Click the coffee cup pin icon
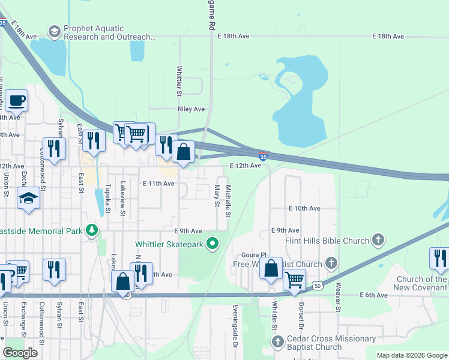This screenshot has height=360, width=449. click(x=16, y=101)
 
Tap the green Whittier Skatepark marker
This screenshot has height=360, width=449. click(x=212, y=244)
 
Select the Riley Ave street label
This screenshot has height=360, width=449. click(x=191, y=109)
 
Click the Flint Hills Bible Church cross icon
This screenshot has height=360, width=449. click(x=378, y=241)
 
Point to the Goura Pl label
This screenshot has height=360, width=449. click(x=253, y=254)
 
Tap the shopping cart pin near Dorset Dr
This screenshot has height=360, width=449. click(x=294, y=279)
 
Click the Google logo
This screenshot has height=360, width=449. click(x=20, y=353)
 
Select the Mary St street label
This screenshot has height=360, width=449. click(x=216, y=196)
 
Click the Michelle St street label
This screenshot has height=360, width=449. click(x=228, y=201)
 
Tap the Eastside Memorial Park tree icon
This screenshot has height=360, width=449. click(x=91, y=230)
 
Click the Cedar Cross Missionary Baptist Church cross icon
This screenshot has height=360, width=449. click(x=277, y=342)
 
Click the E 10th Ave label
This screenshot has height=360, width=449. click(x=304, y=208)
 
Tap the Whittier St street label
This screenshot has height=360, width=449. click(x=179, y=81)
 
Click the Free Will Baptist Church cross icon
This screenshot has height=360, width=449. click(x=331, y=263)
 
